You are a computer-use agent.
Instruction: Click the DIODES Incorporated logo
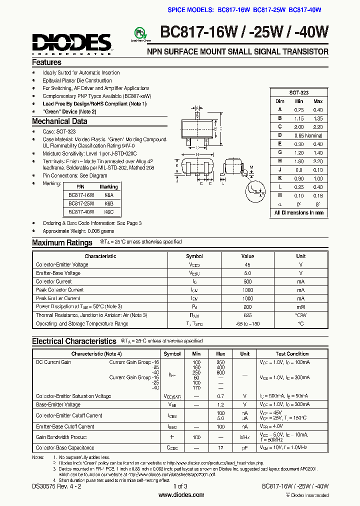71,43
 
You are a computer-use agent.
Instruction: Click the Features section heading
46,62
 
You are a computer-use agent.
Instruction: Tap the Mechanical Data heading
59,121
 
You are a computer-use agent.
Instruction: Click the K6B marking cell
109,204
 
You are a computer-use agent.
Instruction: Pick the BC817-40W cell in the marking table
81,212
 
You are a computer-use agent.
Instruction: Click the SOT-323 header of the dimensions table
299,93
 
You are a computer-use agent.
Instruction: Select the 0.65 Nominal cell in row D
307,135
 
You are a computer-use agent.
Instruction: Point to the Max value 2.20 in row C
318,126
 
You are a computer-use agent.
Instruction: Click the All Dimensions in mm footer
299,212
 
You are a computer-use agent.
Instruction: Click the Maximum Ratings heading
62,242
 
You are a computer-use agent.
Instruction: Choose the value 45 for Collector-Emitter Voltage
247,264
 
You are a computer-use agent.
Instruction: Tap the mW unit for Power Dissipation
300,306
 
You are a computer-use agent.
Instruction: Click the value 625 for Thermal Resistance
247,315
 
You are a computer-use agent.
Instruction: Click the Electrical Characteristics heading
74,341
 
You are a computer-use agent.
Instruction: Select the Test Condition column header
292,353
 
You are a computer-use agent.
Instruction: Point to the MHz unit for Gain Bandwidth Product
244,437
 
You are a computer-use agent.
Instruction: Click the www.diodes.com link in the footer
181,495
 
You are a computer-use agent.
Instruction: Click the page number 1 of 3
180,486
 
